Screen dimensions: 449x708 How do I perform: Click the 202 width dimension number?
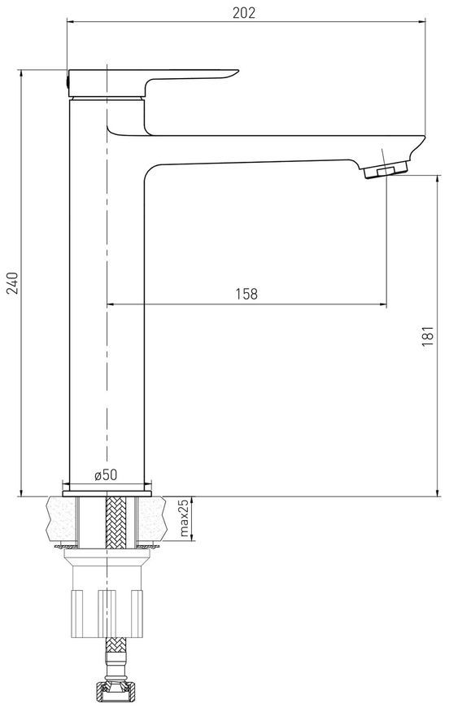[x=244, y=12]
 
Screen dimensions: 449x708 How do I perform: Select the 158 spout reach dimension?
[x=246, y=294]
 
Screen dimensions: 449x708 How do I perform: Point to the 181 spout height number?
[x=427, y=336]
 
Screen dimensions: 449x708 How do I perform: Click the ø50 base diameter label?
[x=106, y=474]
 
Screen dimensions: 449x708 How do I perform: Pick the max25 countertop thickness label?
[x=184, y=518]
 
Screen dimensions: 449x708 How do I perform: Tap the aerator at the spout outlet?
[x=385, y=170]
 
